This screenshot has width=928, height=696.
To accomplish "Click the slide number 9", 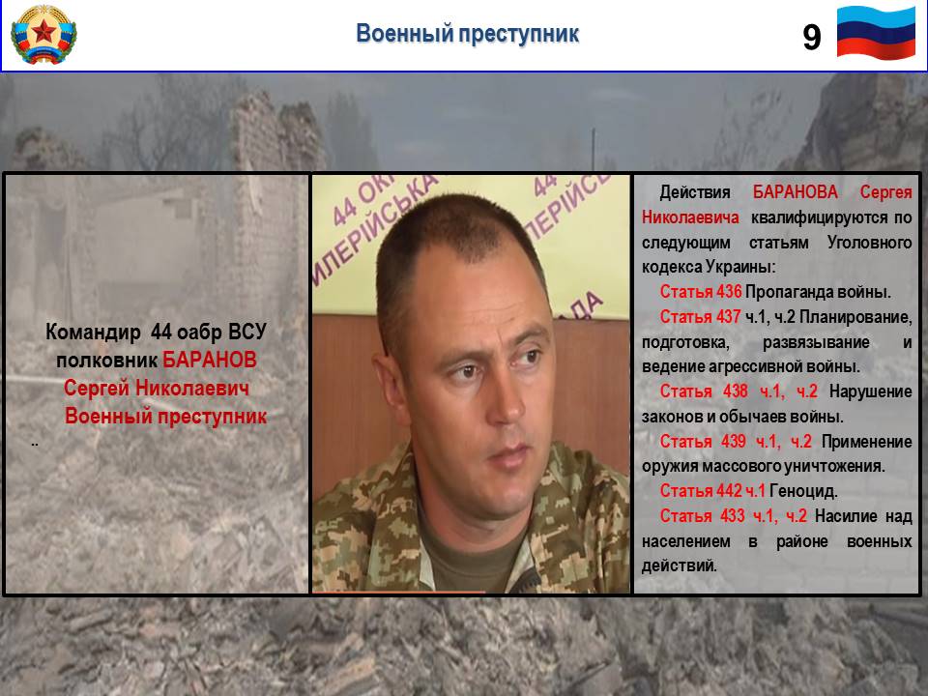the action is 811,37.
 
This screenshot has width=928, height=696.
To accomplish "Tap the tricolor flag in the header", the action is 876,33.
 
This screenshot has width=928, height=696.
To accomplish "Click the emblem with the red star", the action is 43,35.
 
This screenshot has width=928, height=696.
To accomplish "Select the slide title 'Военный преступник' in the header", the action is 467,33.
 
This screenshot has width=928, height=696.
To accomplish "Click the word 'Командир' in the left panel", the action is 93,332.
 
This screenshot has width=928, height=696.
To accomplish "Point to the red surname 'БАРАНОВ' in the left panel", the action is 210,360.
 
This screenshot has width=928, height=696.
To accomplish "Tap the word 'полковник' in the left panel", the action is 106,361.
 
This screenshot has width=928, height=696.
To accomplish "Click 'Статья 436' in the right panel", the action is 701,292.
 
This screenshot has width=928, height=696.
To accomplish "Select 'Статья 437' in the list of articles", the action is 700,317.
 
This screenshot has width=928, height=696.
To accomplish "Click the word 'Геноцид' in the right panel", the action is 802,491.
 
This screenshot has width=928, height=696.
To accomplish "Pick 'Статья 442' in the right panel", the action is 701,491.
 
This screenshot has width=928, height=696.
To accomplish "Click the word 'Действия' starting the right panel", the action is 695,192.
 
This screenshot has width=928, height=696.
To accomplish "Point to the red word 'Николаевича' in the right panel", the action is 690,217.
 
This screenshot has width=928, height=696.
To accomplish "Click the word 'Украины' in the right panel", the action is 739,267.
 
